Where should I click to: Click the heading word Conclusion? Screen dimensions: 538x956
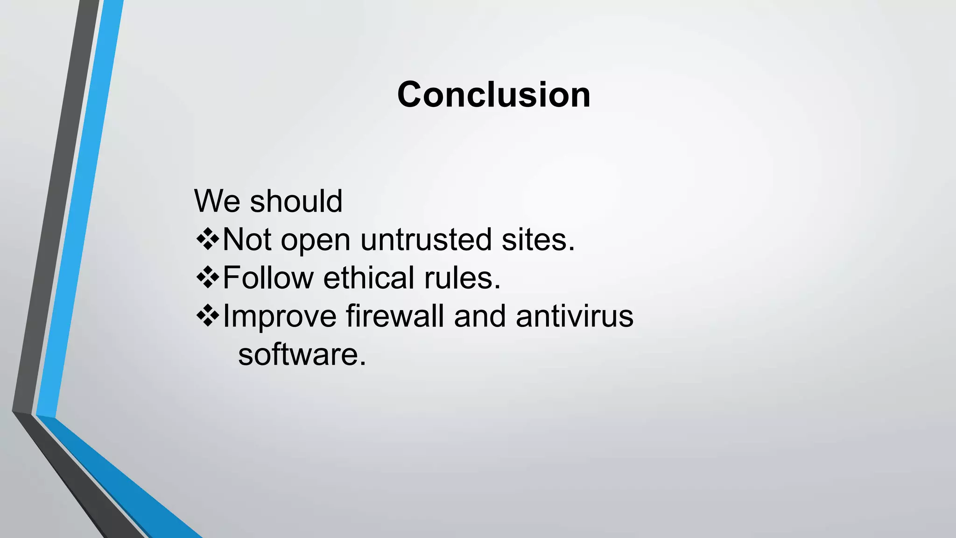tap(493, 95)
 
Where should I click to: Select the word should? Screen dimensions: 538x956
tap(296, 201)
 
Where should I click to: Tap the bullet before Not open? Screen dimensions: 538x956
tap(207, 239)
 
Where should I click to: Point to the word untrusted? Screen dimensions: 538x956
tap(426, 240)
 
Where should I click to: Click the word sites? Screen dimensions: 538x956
tap(538, 240)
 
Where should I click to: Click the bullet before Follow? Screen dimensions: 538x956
tap(207, 277)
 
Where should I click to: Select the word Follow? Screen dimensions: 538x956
tap(268, 278)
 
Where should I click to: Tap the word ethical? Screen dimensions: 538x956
tap(368, 278)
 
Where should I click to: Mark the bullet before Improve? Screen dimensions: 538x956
tap(207, 316)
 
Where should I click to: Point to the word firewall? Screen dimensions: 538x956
tap(394, 316)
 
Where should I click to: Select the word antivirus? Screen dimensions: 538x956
tap(574, 316)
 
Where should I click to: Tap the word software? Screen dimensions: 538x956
tap(302, 354)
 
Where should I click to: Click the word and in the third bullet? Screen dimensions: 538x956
tap(479, 316)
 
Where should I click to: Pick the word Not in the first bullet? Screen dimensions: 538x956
tap(246, 240)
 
